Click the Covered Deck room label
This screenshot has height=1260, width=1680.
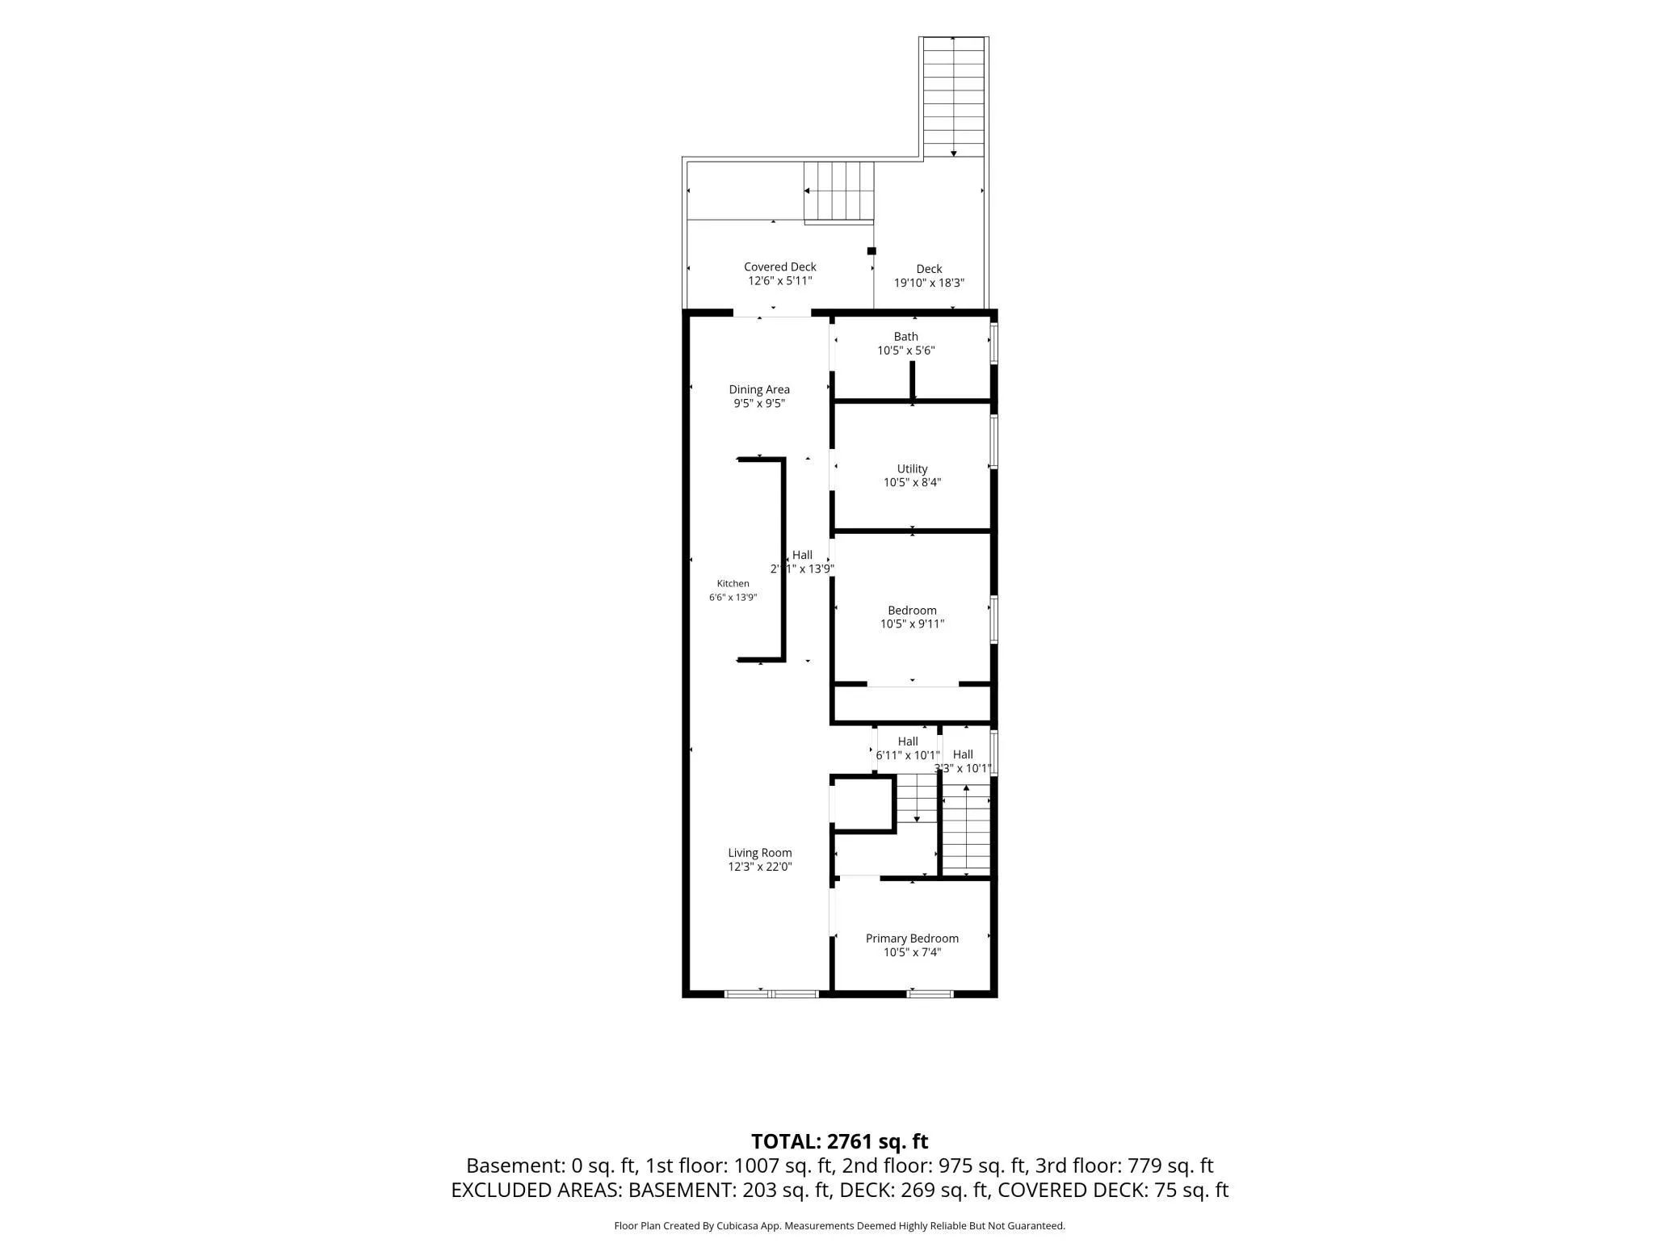779,267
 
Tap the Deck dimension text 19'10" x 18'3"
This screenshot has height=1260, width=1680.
929,283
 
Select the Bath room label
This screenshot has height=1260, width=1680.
905,336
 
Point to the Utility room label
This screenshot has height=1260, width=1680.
912,468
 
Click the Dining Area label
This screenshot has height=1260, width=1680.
759,389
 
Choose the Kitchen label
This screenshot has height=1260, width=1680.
733,583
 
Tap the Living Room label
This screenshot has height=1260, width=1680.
759,852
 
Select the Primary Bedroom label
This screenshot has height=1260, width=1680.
912,938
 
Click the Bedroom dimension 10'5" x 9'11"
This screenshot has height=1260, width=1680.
912,624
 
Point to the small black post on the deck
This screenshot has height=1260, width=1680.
871,250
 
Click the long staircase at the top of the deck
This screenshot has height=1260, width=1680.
954,97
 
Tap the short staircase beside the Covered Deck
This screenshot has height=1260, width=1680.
839,191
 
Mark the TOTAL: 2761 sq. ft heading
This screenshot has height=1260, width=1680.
839,1141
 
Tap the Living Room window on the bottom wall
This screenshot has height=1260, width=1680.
771,993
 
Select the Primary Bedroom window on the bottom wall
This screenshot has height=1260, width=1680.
930,993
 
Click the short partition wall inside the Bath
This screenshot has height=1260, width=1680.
913,380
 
